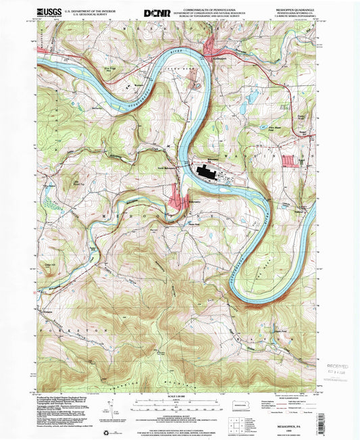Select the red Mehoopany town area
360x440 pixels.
tap(180, 201)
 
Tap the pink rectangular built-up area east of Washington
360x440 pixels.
tap(290, 161)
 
